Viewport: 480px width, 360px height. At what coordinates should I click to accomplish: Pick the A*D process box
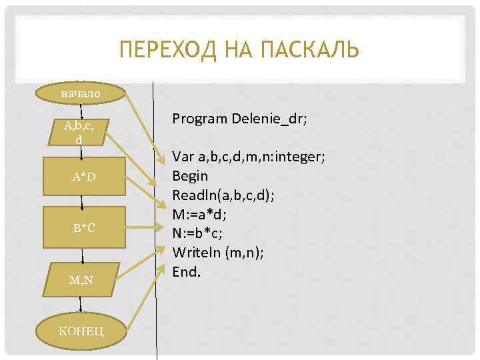(x=84, y=177)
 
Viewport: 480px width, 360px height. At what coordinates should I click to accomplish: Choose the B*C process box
(x=84, y=228)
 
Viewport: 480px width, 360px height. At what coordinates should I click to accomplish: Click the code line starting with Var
(x=248, y=157)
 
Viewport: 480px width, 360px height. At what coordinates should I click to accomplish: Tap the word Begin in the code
(x=190, y=176)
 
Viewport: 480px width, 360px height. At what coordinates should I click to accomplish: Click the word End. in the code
(x=187, y=271)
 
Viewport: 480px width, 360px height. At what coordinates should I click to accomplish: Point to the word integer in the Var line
(x=298, y=157)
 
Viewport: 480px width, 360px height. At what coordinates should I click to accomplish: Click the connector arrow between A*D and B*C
(x=82, y=202)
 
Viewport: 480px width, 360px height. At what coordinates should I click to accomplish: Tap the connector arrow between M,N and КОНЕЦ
(x=81, y=304)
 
